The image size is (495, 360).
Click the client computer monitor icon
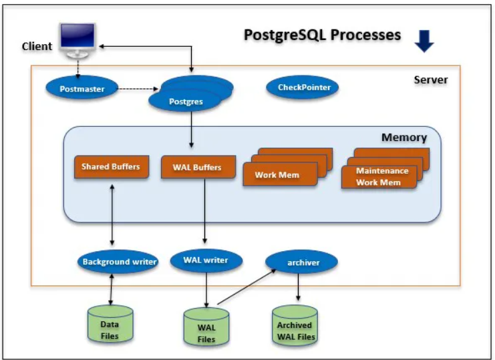[77, 38]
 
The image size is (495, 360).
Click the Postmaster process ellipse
[82, 88]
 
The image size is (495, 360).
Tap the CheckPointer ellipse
[303, 87]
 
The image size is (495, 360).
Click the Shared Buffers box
[110, 167]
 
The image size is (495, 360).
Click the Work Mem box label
[277, 175]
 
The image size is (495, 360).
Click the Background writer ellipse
[118, 262]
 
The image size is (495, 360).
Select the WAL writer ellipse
[206, 260]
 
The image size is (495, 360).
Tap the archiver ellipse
[302, 262]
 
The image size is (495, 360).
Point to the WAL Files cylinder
[206, 327]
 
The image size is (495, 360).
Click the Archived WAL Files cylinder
[295, 327]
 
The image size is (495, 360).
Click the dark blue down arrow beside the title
[424, 41]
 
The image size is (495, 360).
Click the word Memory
[403, 138]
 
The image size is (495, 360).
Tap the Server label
[430, 80]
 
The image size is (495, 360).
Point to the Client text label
[37, 46]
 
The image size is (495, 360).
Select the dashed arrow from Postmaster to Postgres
[140, 88]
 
